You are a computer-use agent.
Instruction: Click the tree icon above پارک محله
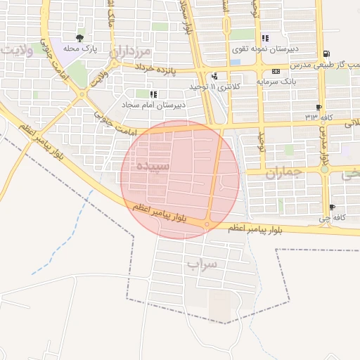pos(79,38)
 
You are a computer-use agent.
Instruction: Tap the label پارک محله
pos(79,49)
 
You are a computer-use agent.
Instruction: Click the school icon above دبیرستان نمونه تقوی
pos(264,39)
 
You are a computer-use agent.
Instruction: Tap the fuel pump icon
pos(326,54)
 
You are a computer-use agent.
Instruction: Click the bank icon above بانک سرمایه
pos(276,71)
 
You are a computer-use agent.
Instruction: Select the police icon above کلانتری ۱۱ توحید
pos(214,76)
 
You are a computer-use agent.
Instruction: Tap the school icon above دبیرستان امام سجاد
pos(153,94)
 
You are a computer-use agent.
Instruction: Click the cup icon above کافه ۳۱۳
pos(319,107)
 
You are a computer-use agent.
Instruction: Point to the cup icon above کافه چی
pos(332,207)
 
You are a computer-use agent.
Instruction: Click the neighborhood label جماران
pos(283,172)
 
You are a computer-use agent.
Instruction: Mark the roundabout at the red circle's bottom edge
pos(207,225)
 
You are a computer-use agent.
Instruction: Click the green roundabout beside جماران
pos(325,169)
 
